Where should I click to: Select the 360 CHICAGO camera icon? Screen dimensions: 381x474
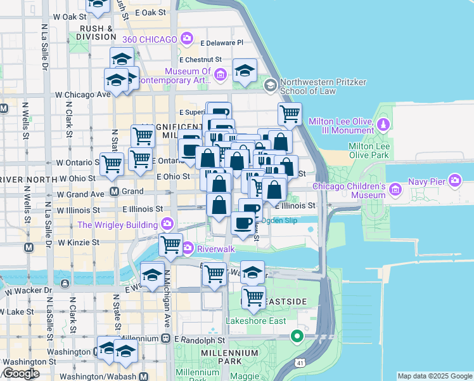[x=186, y=39]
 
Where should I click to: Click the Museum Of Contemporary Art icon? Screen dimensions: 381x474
[x=221, y=76]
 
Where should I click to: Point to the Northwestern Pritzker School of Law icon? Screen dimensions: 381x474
[x=271, y=85]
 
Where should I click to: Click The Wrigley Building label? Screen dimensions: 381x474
[x=118, y=225]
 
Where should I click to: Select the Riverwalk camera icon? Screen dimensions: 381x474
[x=188, y=247]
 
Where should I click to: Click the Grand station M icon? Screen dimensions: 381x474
[x=115, y=191]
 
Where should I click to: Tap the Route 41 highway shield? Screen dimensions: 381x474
[x=299, y=361]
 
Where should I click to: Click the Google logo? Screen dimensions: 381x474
[x=21, y=373]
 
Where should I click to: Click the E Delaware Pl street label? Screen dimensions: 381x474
[x=222, y=43]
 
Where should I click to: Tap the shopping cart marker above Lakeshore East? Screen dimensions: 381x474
[x=253, y=297]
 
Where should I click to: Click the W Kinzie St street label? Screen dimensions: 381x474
[x=79, y=242]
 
